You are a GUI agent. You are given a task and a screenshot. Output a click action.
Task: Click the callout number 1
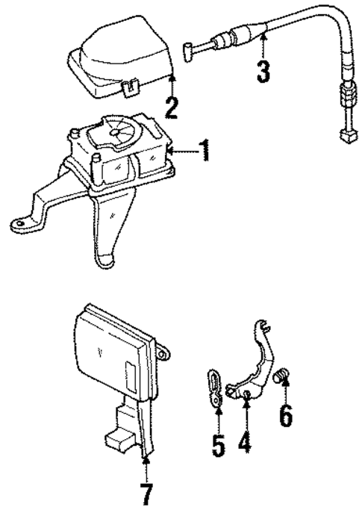coord(204,153)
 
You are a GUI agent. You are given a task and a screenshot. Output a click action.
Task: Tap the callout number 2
coord(172,108)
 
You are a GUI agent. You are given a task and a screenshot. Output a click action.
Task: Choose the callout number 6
coord(286,415)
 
